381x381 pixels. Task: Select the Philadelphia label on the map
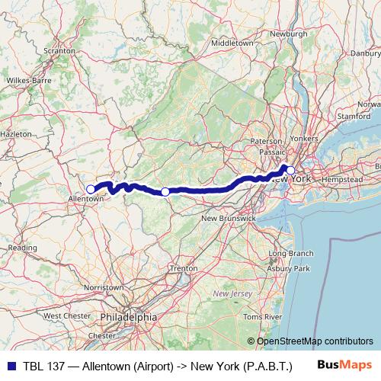click(128, 315)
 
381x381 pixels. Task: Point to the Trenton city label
click(184, 269)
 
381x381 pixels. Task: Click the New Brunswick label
click(227, 219)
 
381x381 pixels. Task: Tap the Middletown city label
click(232, 43)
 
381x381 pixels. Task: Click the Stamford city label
click(353, 117)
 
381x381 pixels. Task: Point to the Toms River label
click(283, 315)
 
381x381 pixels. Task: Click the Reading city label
click(22, 248)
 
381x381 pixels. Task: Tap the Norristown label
click(104, 287)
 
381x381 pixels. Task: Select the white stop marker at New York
click(290, 171)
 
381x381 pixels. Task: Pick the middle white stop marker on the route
click(165, 191)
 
